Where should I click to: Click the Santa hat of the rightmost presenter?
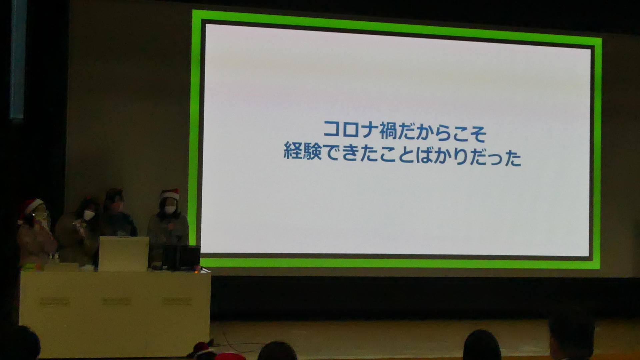pyautogui.click(x=170, y=194)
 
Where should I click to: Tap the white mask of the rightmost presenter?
pyautogui.click(x=170, y=209)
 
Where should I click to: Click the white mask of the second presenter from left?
pyautogui.click(x=89, y=215)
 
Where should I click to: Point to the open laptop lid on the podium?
pyautogui.click(x=124, y=254)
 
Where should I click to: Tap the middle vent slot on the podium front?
pyautogui.click(x=117, y=302)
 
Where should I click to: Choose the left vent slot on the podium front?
pyautogui.click(x=55, y=302)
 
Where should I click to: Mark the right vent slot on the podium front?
pyautogui.click(x=177, y=301)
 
